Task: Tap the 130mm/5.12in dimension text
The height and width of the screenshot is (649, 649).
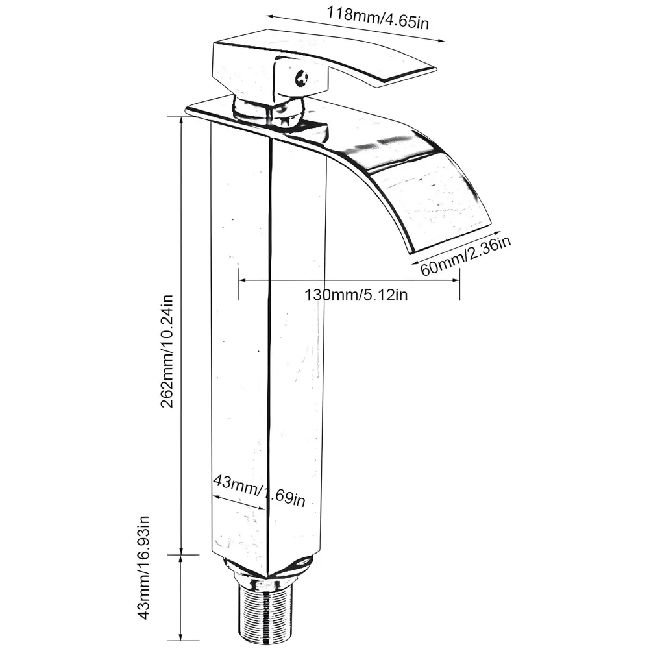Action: [x=356, y=295]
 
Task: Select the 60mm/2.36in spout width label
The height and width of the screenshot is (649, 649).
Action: [x=465, y=256]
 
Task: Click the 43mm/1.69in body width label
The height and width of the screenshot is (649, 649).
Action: [x=259, y=491]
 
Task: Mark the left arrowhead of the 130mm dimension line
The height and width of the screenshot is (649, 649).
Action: [x=242, y=280]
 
